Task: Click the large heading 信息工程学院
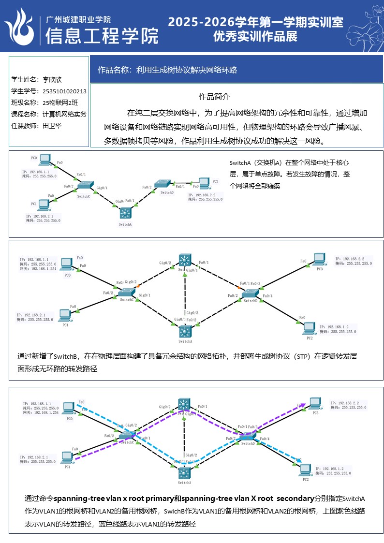click(102, 36)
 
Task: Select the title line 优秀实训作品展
click(255, 36)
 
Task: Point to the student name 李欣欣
click(52, 80)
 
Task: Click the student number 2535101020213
click(64, 91)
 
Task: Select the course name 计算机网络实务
click(64, 114)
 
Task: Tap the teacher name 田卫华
click(52, 126)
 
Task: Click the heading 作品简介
click(214, 97)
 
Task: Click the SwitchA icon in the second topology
click(185, 331)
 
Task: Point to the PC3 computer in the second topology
click(319, 259)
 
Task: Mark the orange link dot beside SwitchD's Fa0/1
click(238, 284)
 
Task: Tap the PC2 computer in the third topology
click(305, 469)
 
